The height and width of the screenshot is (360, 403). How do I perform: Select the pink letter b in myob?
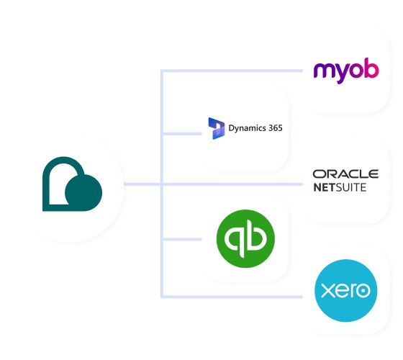click(370, 69)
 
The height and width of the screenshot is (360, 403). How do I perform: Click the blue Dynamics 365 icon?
click(216, 128)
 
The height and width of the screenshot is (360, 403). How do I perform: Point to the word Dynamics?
click(245, 128)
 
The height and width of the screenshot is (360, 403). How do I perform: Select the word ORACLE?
click(345, 174)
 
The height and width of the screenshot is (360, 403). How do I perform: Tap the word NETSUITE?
click(340, 187)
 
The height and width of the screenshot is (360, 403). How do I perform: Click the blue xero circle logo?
click(346, 291)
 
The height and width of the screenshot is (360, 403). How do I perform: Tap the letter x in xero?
click(326, 292)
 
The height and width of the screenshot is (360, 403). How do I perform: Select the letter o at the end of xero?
click(365, 292)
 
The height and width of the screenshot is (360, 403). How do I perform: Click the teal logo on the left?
click(72, 184)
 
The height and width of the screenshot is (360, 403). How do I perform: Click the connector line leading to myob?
click(230, 71)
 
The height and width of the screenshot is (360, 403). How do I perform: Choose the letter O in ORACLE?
click(319, 174)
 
